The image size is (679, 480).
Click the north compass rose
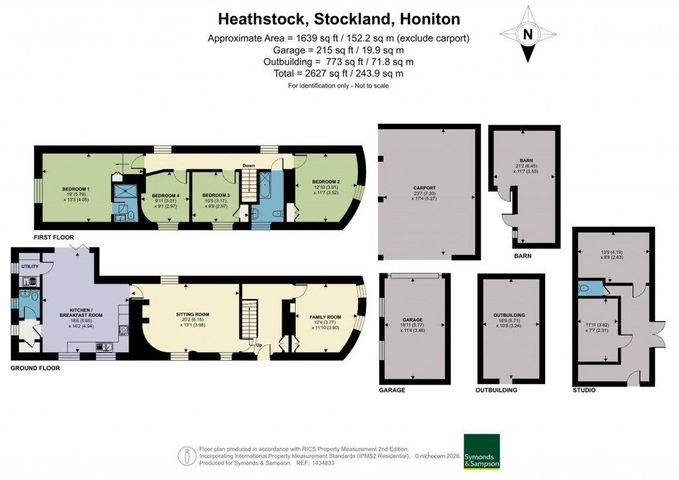coord(528,34)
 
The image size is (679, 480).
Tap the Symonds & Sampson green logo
coord(481,451)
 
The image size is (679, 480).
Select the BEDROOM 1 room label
coord(76,189)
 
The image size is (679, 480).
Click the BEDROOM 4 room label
coord(165,196)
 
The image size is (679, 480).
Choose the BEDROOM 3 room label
coord(212,196)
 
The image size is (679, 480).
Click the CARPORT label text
coord(426,188)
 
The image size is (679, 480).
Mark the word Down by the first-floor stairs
coord(249,166)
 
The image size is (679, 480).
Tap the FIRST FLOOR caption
coord(54,237)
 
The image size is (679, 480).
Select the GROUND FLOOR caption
coord(35,368)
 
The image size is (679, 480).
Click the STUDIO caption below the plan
coord(584,390)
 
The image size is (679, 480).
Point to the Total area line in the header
coord(339,74)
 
